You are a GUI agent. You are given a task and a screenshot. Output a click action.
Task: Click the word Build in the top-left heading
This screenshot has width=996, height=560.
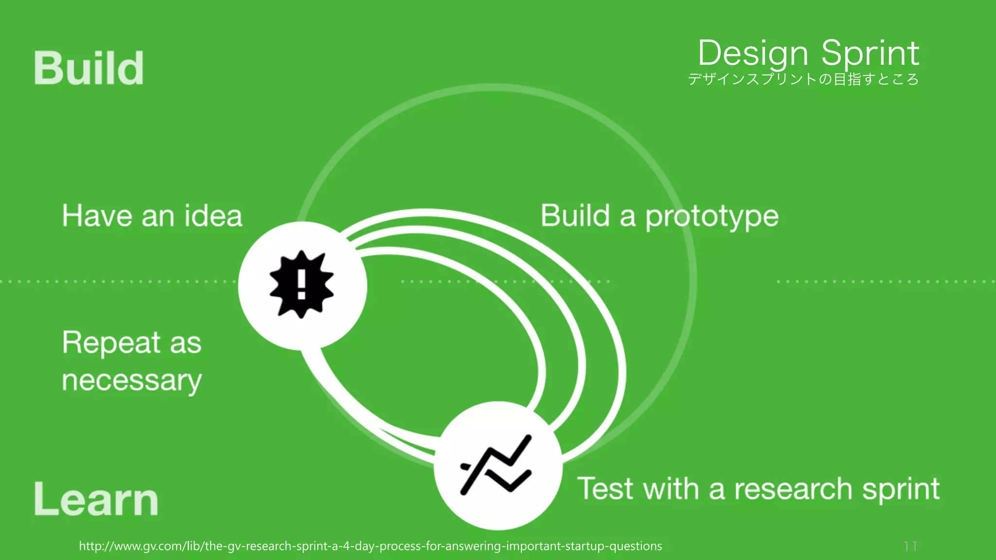89,69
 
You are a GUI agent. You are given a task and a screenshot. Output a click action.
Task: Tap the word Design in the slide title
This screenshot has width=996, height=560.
753,53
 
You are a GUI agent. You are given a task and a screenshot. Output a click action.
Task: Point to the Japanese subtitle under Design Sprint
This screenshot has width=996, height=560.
803,79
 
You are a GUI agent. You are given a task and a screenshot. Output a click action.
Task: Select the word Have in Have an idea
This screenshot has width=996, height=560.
97,216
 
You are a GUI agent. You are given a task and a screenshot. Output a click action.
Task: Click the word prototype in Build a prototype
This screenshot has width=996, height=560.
712,217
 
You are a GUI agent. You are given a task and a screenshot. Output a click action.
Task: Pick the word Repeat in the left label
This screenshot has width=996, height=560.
111,343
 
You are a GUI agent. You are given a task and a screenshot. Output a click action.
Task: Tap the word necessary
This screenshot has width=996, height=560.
132,381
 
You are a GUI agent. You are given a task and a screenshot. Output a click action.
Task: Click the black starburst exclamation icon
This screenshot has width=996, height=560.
302,284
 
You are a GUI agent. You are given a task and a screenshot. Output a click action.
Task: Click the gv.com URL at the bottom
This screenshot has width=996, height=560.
370,546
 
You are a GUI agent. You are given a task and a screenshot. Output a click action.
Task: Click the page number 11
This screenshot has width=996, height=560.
910,546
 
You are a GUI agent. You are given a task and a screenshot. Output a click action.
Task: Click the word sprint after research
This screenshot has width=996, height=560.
901,490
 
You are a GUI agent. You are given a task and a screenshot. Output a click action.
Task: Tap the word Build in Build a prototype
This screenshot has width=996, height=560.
575,216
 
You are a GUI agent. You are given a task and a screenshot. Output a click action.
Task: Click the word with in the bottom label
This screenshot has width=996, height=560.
671,489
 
